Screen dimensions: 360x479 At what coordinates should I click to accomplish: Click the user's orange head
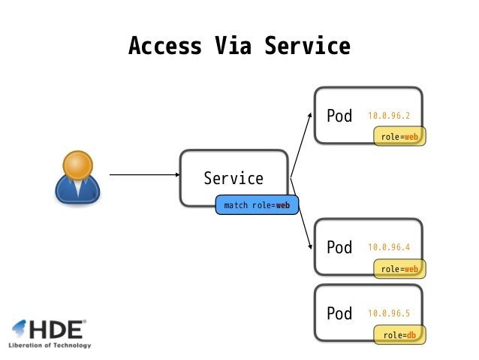[x=77, y=165]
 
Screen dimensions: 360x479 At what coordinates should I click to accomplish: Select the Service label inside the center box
[x=233, y=179]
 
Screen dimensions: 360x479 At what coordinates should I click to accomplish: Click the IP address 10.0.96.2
[x=389, y=116]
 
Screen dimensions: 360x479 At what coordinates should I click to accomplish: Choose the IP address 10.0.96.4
[x=389, y=247]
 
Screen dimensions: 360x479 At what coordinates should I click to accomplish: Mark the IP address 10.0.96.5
[x=389, y=313]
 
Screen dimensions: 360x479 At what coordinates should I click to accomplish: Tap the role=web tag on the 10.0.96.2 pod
[x=399, y=137]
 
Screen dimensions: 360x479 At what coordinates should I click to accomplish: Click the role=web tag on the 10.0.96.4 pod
[x=399, y=268]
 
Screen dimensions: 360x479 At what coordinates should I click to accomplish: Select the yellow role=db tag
[x=399, y=334]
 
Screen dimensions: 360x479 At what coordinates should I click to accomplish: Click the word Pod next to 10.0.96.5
[x=339, y=313]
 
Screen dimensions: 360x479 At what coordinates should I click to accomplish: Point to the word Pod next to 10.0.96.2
[x=339, y=116]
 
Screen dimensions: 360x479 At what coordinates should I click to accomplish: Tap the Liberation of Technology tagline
[x=50, y=346]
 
